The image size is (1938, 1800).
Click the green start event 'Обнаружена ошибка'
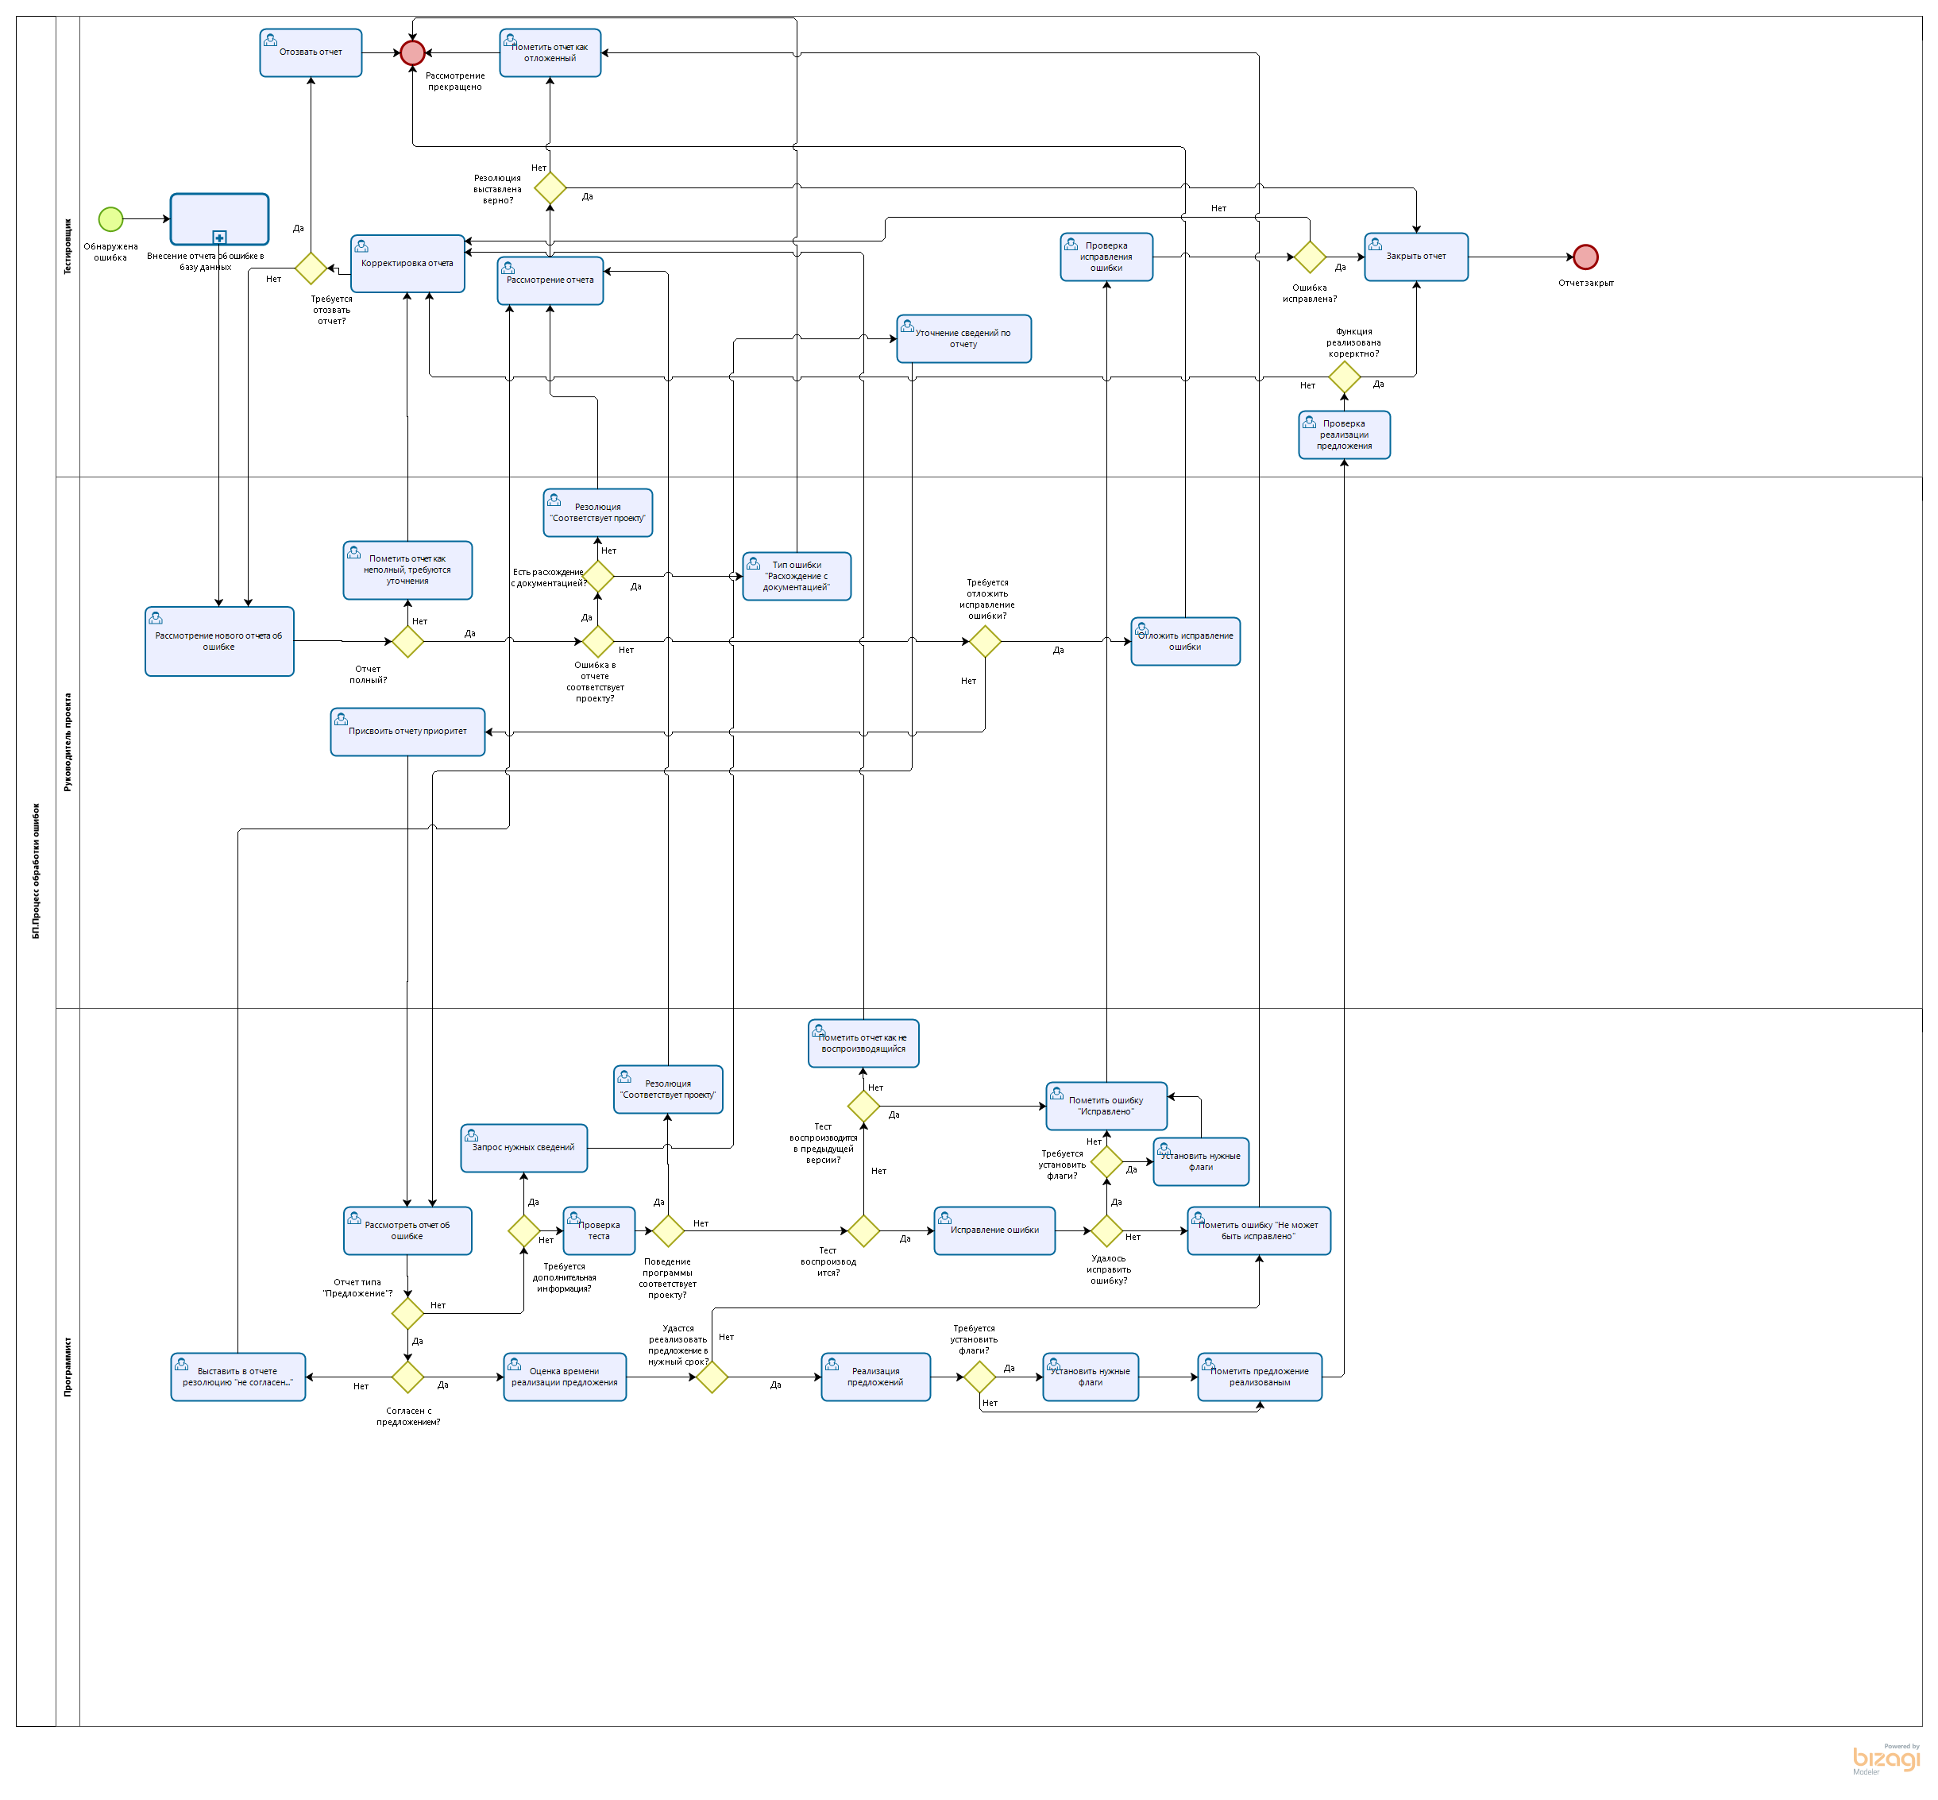click(111, 219)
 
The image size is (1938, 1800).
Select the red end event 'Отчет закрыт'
click(1585, 257)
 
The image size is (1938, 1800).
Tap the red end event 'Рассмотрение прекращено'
click(413, 52)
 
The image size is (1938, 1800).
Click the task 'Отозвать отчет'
click(311, 52)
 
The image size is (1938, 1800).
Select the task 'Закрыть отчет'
click(1415, 257)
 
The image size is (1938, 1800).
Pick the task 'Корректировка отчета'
click(407, 263)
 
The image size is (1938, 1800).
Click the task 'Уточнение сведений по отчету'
click(963, 339)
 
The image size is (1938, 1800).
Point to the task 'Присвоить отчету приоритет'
click(407, 732)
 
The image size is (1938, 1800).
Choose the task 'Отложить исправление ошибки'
click(1184, 642)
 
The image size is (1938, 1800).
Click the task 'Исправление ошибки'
click(994, 1230)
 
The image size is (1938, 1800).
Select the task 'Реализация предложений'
click(874, 1377)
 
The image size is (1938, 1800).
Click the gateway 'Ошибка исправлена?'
click(1309, 257)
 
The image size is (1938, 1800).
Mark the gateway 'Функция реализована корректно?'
click(1344, 377)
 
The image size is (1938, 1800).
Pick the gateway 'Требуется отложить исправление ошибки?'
click(985, 642)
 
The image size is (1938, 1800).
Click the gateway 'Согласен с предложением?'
click(407, 1377)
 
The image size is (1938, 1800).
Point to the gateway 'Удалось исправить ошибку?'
click(1106, 1230)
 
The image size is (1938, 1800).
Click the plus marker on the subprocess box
click(219, 238)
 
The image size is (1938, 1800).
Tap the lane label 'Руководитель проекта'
click(68, 742)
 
